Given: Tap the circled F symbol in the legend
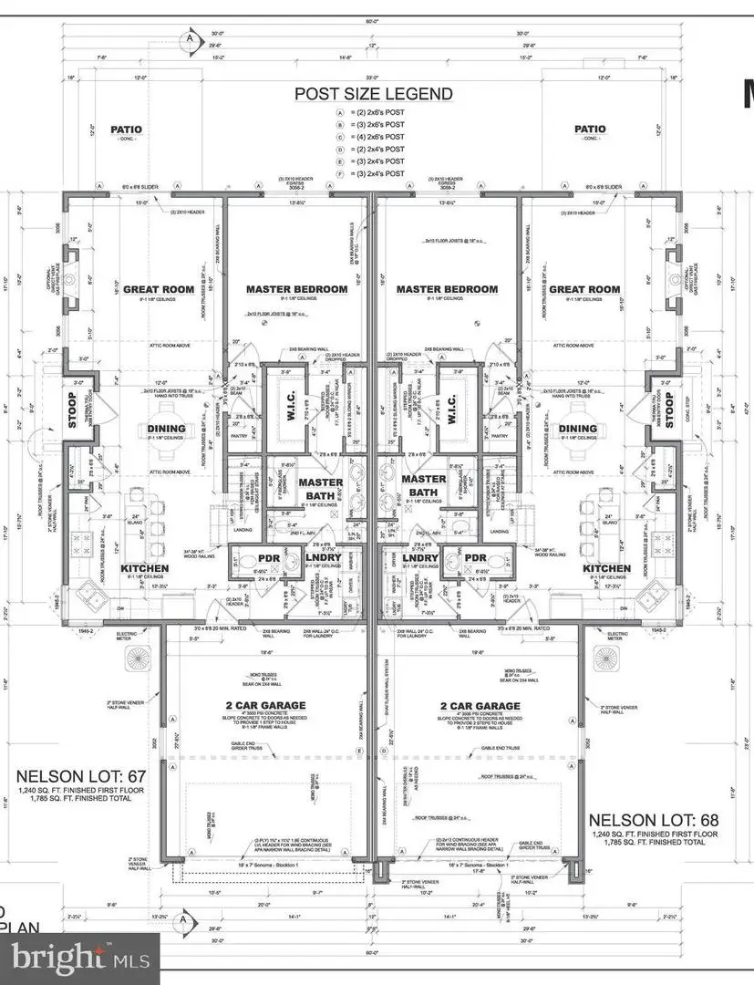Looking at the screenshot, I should pos(340,173).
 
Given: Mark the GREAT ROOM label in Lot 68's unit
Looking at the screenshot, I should pos(589,289).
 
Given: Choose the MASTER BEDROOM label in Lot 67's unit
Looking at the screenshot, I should pos(296,289).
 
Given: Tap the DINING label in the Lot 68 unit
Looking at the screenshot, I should pos(577,428).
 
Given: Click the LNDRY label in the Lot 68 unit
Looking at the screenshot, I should pos(420,558).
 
